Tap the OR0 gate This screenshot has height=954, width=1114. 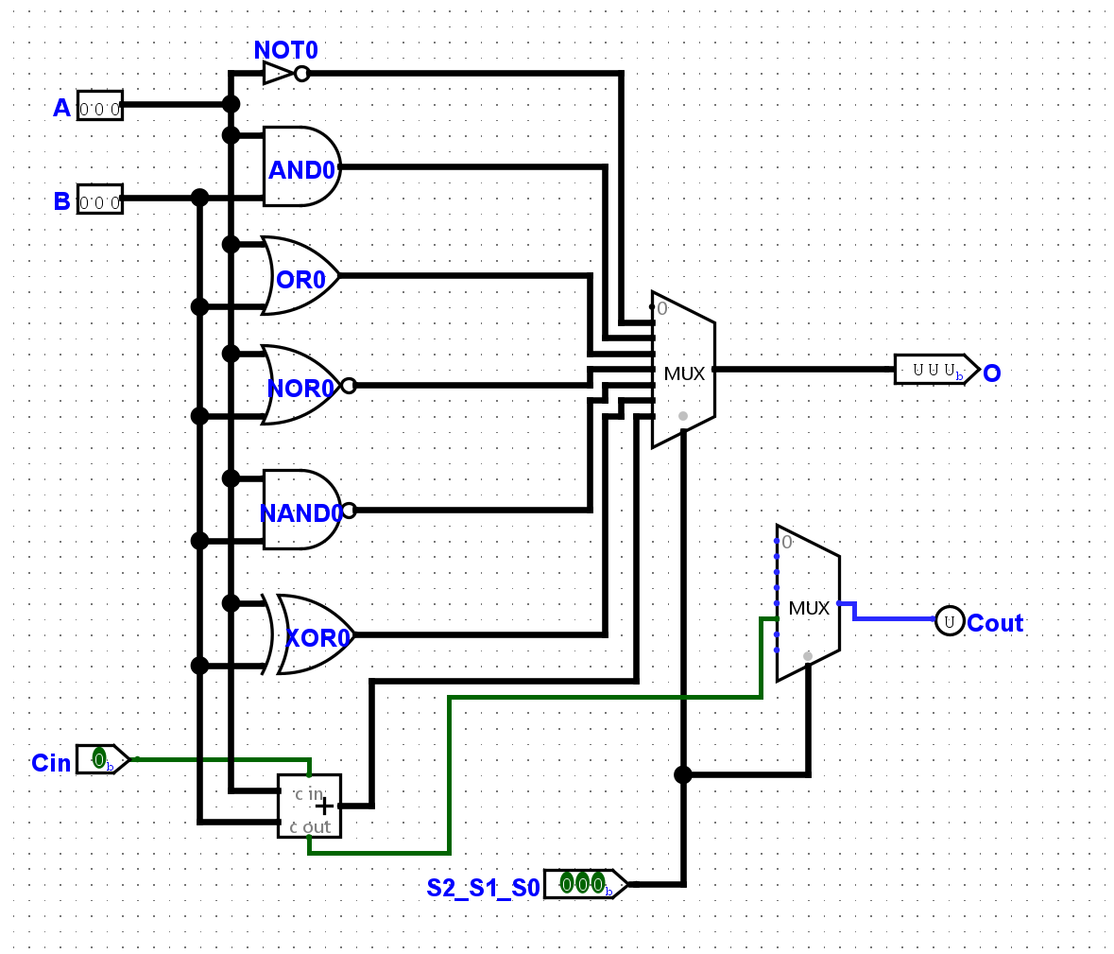coord(300,276)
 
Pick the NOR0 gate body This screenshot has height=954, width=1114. coord(299,385)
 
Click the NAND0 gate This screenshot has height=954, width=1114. coord(299,511)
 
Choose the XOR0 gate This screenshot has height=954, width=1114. coord(312,634)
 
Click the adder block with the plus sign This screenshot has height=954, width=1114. coord(309,806)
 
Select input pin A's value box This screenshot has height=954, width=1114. coord(99,105)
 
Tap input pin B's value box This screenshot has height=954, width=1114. coord(99,199)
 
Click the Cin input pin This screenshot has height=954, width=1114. coord(100,758)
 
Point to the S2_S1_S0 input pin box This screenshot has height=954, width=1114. coord(581,883)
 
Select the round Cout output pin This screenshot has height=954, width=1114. coord(950,620)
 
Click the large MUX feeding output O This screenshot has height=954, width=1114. coord(683,371)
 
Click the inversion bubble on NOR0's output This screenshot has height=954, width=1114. coord(349,385)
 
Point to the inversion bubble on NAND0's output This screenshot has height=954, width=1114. coord(349,511)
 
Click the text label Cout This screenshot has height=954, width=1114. coord(995,623)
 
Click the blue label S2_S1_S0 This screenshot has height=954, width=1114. coord(482,888)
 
